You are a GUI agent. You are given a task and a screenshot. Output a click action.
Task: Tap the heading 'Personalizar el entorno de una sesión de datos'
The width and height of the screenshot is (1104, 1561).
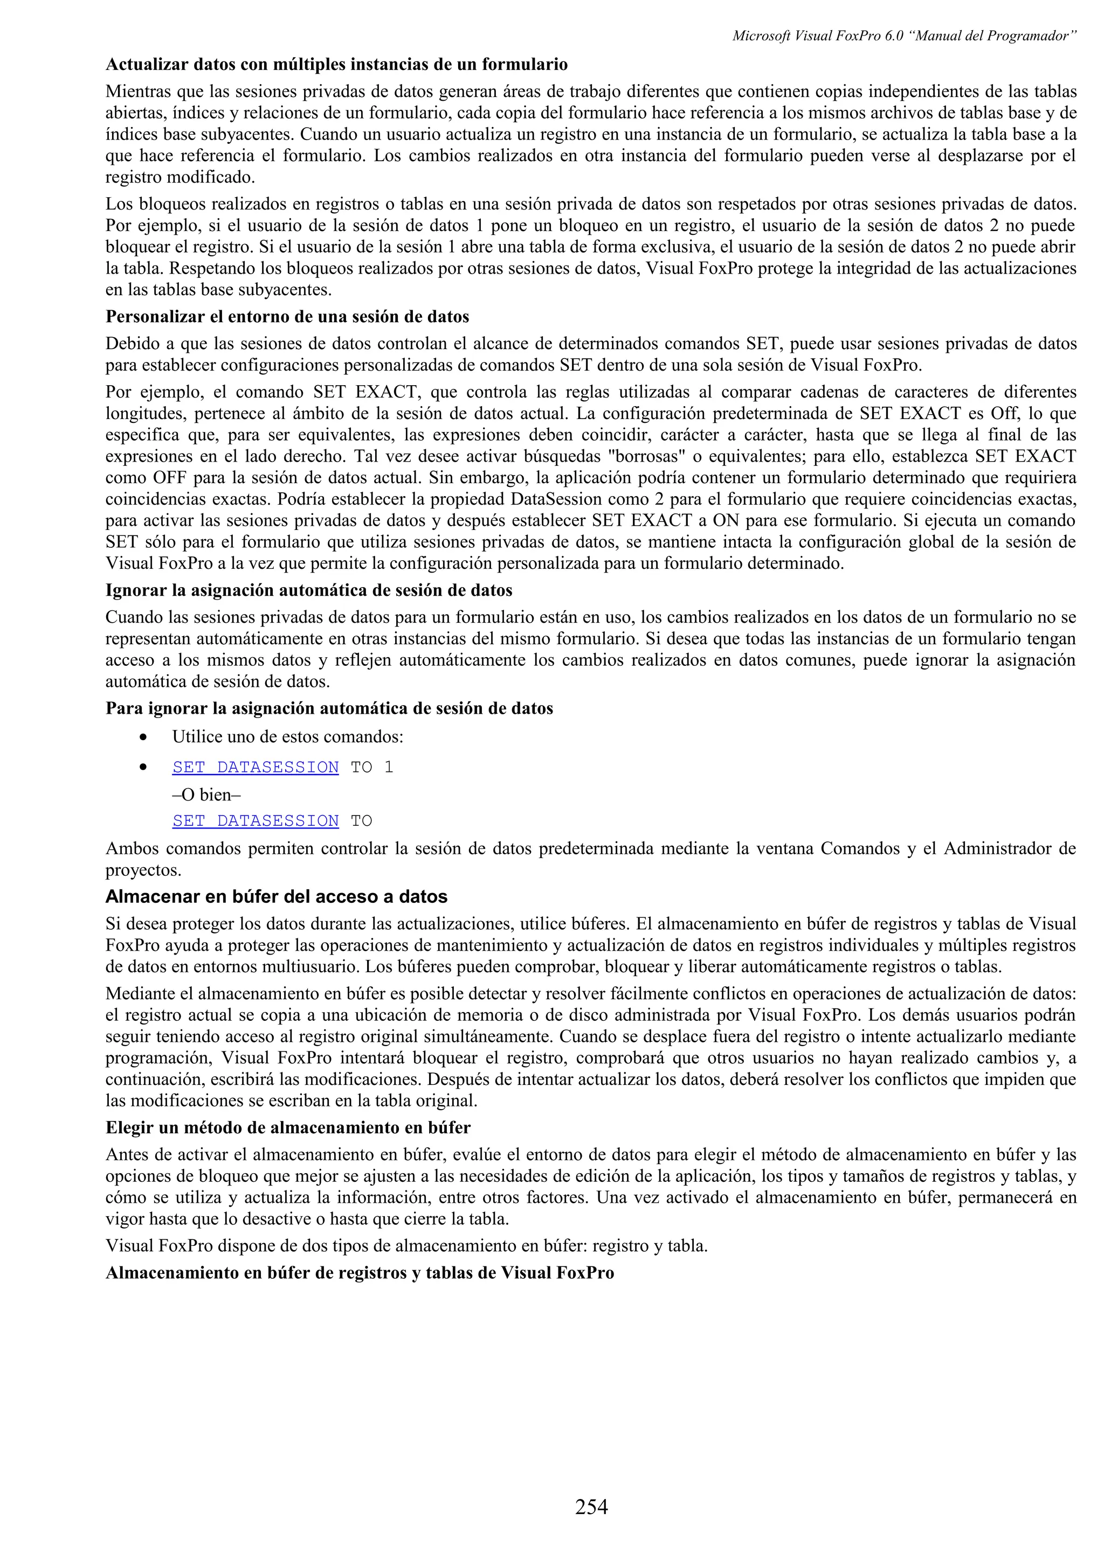coord(287,317)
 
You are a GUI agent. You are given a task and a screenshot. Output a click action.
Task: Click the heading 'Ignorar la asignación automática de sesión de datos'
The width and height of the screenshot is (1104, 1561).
coord(308,590)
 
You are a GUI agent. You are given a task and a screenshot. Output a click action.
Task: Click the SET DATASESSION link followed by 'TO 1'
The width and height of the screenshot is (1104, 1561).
coord(255,767)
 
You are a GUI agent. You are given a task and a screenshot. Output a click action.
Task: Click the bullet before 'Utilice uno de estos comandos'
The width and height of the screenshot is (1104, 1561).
coord(143,737)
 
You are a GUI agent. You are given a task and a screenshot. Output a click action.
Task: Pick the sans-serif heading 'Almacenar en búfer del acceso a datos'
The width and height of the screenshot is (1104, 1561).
coord(276,897)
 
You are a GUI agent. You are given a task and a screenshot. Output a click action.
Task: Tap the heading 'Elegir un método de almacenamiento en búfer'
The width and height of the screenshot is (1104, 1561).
coord(288,1128)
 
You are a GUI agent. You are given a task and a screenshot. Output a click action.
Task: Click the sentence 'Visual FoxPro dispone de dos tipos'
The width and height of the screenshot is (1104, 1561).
coord(406,1245)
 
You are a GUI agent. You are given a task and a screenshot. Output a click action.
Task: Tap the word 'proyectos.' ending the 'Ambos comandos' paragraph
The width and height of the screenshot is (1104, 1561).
coord(143,870)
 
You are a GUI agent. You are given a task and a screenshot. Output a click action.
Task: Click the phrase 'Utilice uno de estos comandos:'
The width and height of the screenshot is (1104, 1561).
coord(288,737)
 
